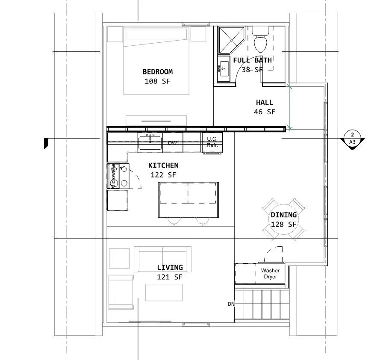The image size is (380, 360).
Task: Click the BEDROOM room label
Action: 158,72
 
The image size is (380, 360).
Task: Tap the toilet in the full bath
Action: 260,40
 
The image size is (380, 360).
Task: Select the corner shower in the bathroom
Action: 231,40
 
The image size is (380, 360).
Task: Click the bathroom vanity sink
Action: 224,68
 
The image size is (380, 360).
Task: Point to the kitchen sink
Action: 150,143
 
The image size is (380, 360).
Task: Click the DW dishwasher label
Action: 172,143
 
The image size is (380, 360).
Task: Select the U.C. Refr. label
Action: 212,142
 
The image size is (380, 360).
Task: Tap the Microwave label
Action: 113,176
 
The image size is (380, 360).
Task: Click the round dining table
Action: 283,220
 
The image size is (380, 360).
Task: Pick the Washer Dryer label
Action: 270,274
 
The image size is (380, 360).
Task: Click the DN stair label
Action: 231,304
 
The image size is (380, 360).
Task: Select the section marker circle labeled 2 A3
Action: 352,139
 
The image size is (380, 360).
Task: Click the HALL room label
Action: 265,102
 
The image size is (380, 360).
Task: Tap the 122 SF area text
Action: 163,175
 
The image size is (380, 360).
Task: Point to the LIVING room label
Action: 170,268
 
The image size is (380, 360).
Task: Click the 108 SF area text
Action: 157,81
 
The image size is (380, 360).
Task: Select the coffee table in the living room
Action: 164,292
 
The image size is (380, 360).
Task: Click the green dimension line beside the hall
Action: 289,106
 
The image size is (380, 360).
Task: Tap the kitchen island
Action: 189,200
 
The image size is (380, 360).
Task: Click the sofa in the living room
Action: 162,259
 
